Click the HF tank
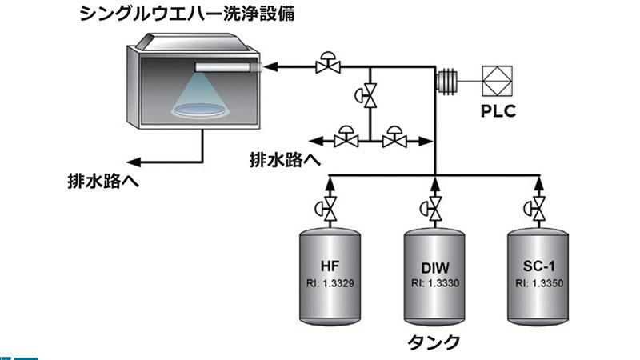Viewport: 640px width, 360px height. pos(329,276)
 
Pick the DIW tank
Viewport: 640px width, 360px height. pos(434,276)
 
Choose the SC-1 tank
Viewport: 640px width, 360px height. pos(539,276)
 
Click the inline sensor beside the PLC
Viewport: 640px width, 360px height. pos(446,80)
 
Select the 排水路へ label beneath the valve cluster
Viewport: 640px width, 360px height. pos(284,160)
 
